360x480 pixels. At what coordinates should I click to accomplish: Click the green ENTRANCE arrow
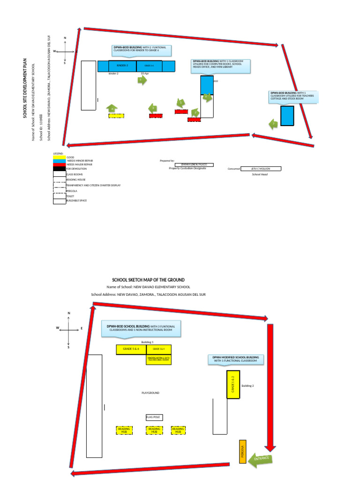[x=262, y=459]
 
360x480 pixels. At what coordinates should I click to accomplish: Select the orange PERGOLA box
[x=242, y=452]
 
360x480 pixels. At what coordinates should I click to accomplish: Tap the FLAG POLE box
[x=153, y=417]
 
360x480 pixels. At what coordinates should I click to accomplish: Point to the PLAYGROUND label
[x=150, y=393]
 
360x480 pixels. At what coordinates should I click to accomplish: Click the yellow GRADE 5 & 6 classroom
[x=131, y=349]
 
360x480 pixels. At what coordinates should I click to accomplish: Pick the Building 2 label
[x=247, y=386]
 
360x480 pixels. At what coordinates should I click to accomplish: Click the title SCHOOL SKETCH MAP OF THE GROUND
[x=148, y=280]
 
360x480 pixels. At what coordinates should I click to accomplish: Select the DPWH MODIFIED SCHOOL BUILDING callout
[x=235, y=359]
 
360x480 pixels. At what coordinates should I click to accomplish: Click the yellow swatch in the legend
[x=59, y=157]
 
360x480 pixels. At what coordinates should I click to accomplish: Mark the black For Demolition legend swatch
[x=59, y=169]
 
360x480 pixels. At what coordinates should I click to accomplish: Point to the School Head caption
[x=259, y=174]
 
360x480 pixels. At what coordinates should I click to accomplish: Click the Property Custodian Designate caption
[x=187, y=168]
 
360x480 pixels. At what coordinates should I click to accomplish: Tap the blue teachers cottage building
[x=287, y=116]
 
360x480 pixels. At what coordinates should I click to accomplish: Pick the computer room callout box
[x=220, y=66]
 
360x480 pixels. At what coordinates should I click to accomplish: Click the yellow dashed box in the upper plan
[x=116, y=115]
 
